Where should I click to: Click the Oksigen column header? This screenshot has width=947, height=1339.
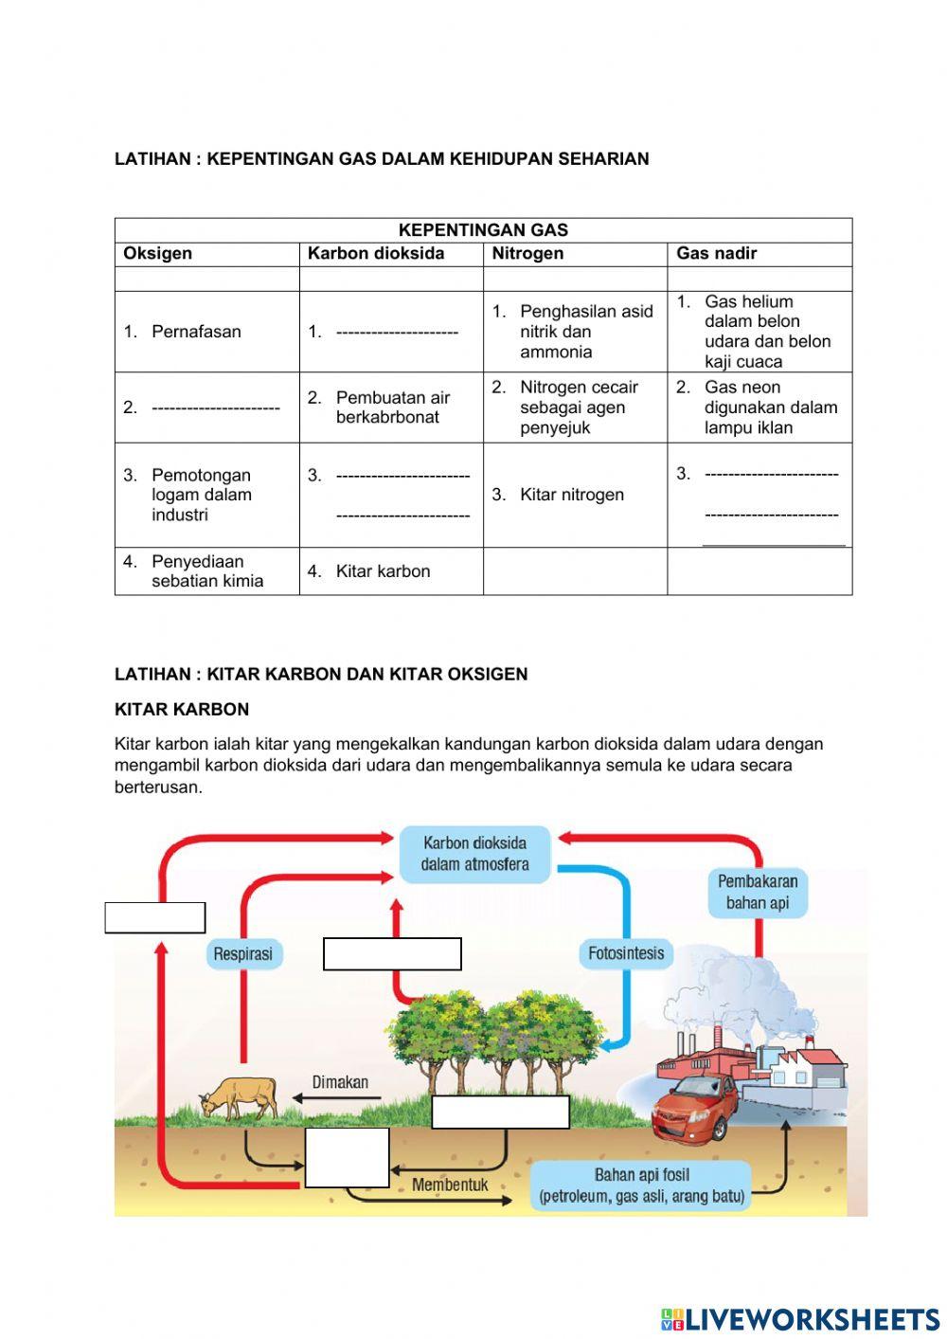(x=158, y=253)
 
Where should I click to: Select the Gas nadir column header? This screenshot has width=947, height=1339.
(x=716, y=253)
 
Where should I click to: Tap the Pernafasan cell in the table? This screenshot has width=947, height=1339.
(x=196, y=332)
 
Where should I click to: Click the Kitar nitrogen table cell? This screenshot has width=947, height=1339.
(x=571, y=495)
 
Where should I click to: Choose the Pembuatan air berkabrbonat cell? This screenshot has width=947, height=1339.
(x=392, y=407)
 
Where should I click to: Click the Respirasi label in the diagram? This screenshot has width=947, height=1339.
(x=242, y=954)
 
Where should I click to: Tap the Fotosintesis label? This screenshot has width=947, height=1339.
(x=626, y=953)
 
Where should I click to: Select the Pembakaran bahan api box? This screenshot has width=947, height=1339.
(x=758, y=892)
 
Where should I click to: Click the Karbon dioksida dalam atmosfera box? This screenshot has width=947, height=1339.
(x=474, y=854)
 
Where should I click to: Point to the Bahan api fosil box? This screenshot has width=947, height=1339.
(x=642, y=1185)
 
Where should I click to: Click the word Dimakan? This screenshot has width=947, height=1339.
(x=340, y=1082)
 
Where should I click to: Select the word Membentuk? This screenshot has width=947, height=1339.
(x=450, y=1185)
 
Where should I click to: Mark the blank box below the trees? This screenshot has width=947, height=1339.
(x=500, y=1112)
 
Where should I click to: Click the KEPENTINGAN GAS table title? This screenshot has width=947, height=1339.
(x=483, y=230)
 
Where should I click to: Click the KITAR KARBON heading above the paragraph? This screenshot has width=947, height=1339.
(x=182, y=709)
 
